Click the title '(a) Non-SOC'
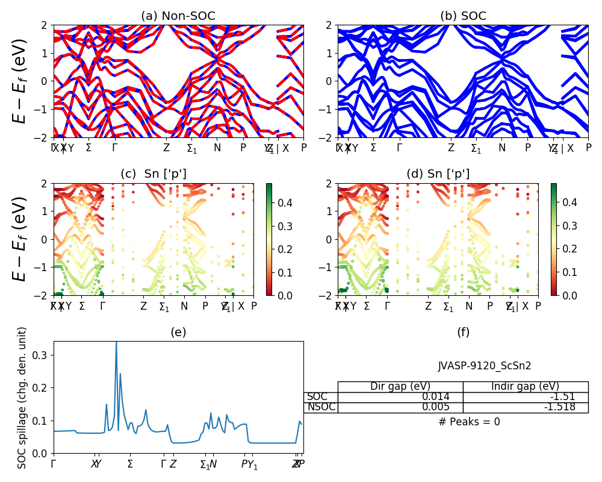click(178, 16)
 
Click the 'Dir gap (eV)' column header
click(400, 387)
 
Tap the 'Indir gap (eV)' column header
click(525, 387)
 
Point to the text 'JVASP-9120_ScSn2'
click(485, 366)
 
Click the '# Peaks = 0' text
click(469, 422)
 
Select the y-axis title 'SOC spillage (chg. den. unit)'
click(22, 398)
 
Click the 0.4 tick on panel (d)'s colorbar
click(569, 202)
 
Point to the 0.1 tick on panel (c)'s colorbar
click(284, 272)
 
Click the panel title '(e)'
click(178, 332)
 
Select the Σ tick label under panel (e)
click(129, 465)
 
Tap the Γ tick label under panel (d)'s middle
click(387, 306)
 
